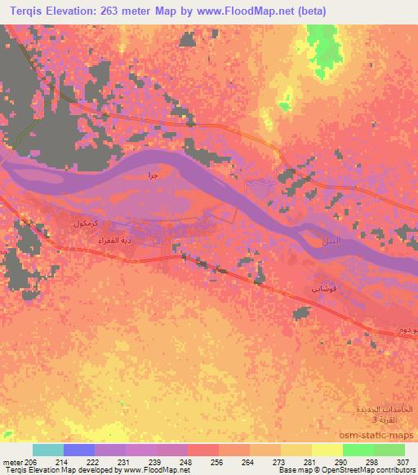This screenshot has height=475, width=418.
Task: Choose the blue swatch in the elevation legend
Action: point(79,450)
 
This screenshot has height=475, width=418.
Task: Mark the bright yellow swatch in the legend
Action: point(327,450)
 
